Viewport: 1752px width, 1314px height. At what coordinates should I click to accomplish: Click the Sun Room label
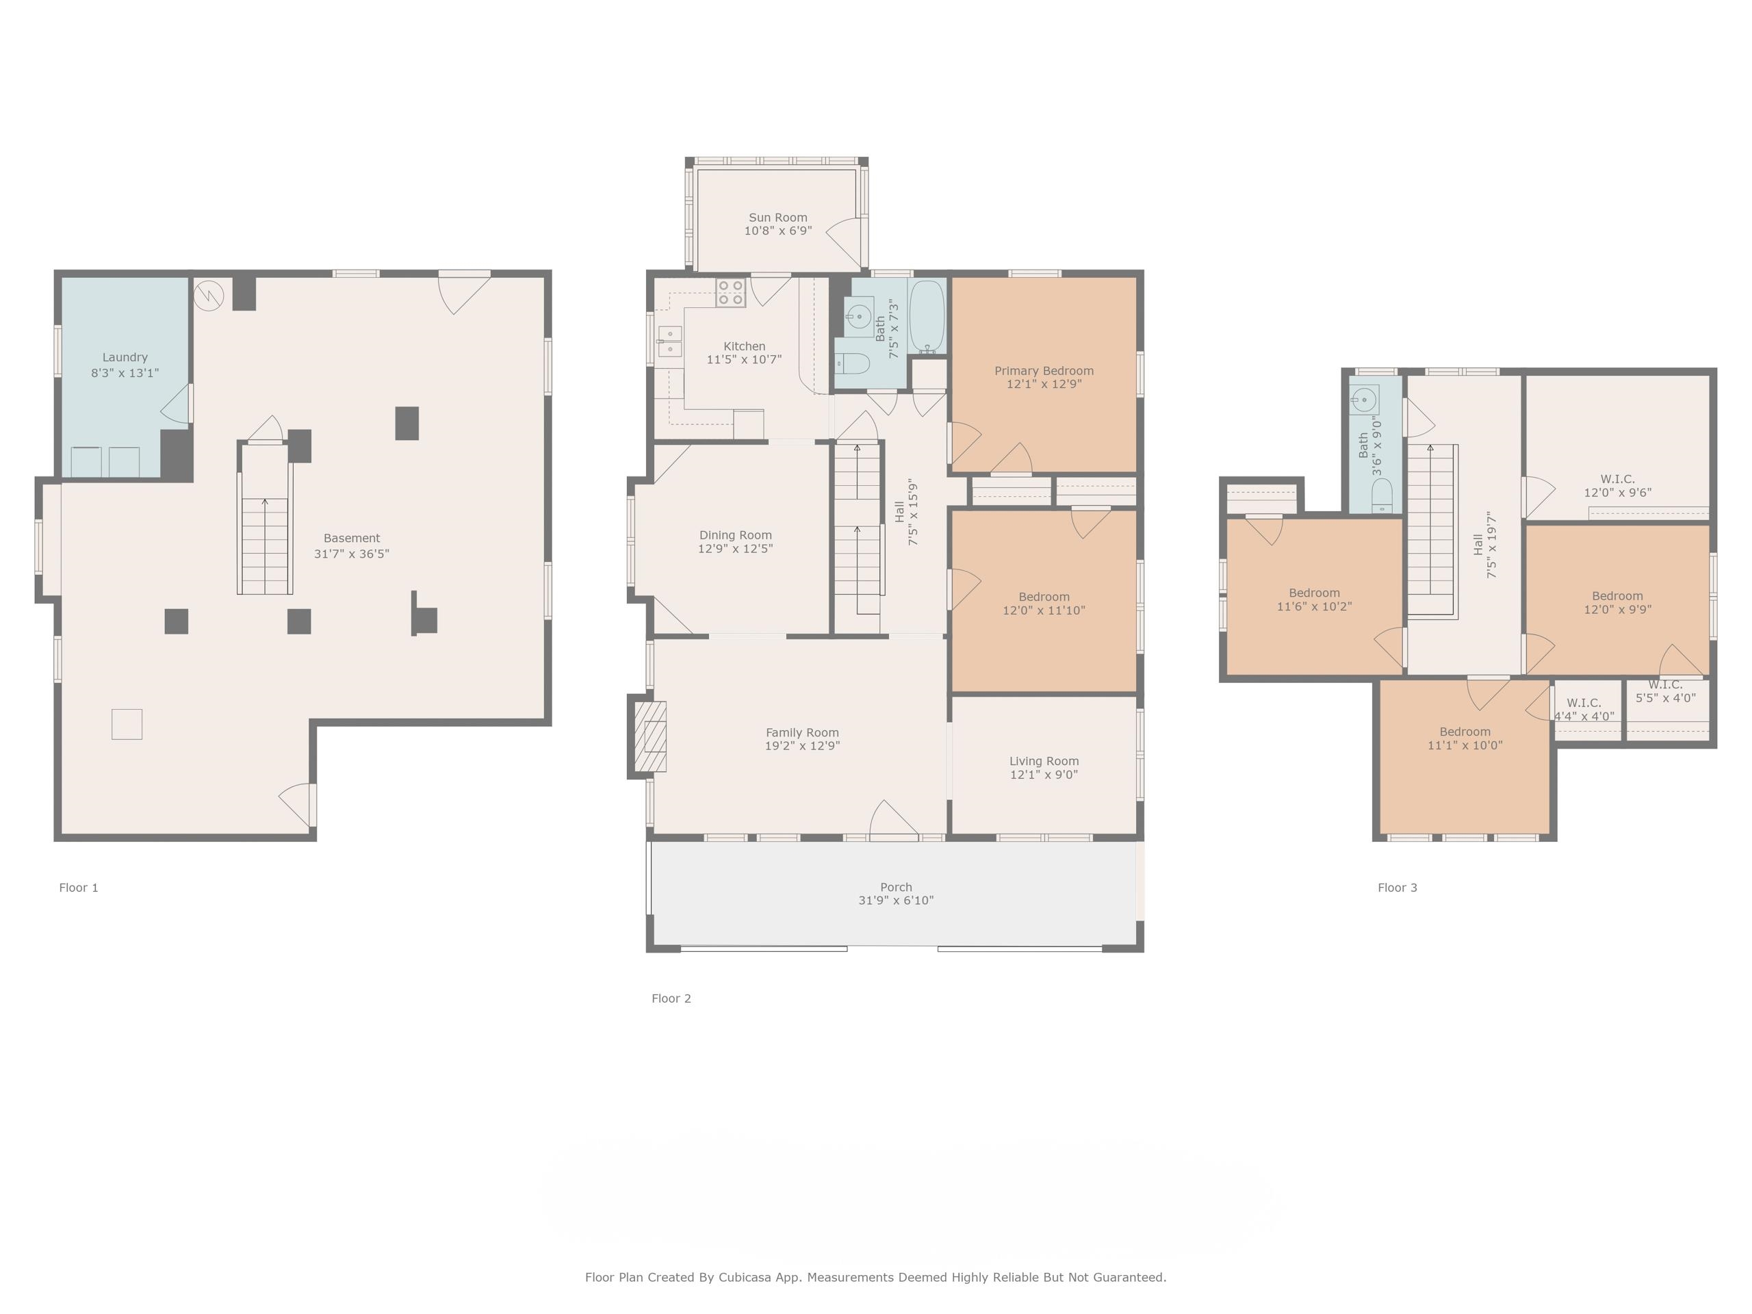(x=777, y=218)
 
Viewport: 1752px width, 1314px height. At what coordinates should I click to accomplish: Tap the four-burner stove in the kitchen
(x=730, y=292)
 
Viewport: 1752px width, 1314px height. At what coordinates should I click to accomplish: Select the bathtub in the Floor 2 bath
(x=927, y=317)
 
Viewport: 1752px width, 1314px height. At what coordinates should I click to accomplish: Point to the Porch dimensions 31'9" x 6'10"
(x=896, y=901)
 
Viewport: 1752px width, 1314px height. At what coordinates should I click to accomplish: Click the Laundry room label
(x=125, y=357)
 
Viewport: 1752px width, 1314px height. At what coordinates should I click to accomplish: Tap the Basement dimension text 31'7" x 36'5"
(x=352, y=554)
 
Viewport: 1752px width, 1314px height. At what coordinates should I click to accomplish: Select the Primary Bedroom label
(x=1044, y=371)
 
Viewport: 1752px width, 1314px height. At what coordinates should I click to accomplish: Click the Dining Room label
(x=735, y=535)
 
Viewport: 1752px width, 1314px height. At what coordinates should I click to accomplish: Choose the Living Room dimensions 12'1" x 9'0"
(x=1044, y=775)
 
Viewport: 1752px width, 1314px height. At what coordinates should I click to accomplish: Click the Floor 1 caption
(x=79, y=888)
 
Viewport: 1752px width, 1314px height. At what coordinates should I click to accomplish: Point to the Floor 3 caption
(x=1397, y=888)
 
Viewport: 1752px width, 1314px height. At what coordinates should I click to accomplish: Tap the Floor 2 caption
(x=671, y=999)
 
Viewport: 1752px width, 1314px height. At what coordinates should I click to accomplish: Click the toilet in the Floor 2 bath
(x=852, y=363)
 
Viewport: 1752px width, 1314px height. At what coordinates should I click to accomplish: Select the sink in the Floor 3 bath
(x=1365, y=400)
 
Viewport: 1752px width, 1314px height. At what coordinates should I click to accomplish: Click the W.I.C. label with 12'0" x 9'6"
(x=1617, y=479)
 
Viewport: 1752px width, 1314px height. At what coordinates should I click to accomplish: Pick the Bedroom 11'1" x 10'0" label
(x=1465, y=732)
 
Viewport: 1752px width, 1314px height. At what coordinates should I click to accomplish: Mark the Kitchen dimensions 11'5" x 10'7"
(x=744, y=359)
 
